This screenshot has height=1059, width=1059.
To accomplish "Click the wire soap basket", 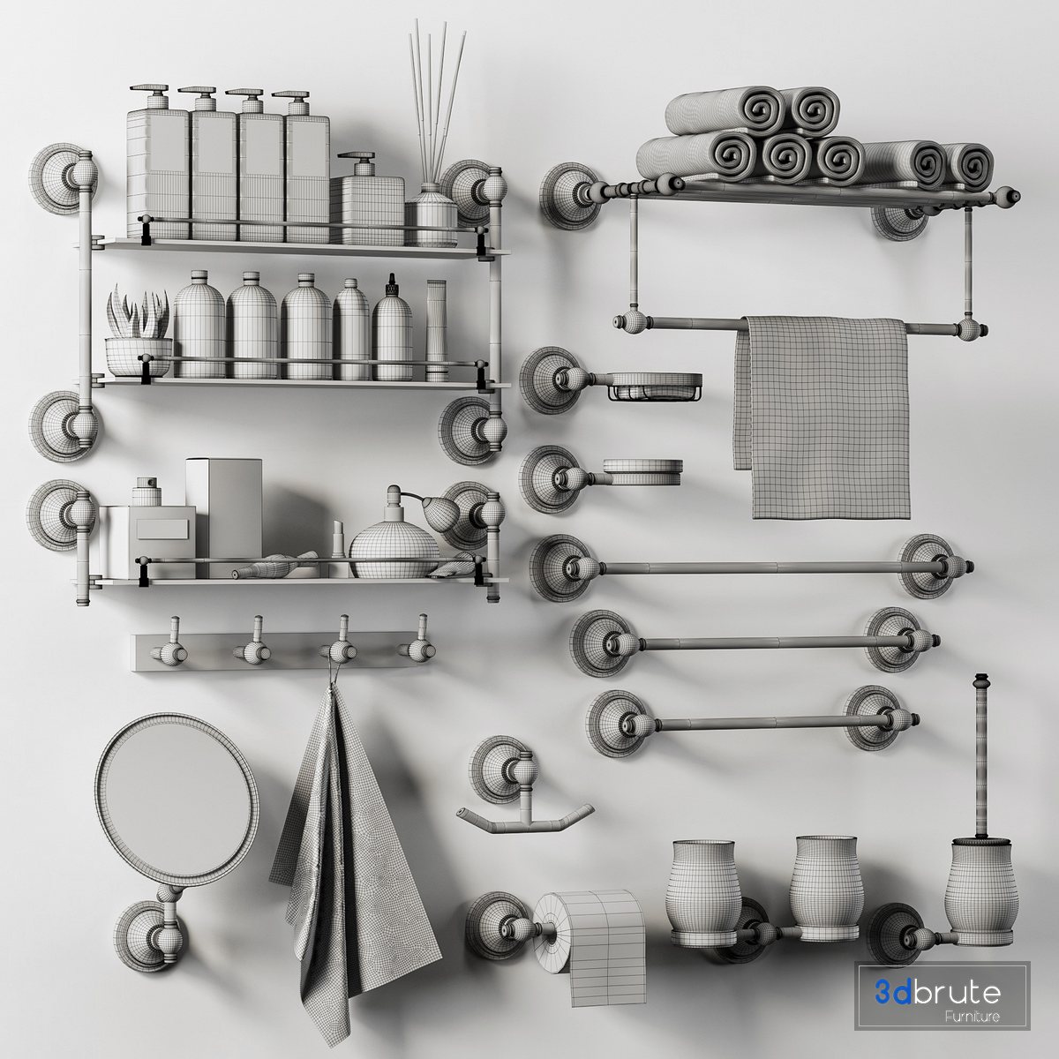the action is coord(655,387).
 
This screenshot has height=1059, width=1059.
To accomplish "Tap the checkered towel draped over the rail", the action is coord(822,417).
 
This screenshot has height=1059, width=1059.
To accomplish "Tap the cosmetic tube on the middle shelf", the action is coord(436,330).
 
